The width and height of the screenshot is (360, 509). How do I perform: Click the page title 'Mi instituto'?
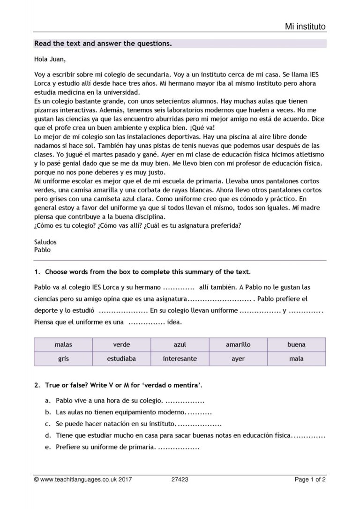[305, 26]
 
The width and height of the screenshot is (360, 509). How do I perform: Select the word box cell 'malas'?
[63, 344]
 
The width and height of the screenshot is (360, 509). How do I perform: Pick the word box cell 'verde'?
[121, 344]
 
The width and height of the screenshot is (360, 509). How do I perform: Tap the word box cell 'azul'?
[180, 344]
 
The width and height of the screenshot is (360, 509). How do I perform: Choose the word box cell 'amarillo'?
[238, 344]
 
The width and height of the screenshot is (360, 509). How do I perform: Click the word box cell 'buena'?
[296, 344]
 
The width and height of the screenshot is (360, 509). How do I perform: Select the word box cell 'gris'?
[63, 359]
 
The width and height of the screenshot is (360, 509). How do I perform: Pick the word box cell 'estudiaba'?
[121, 359]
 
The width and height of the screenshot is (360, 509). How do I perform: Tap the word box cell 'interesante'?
[180, 359]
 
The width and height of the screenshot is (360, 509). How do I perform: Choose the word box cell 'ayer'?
[238, 359]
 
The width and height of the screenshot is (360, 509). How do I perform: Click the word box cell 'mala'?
[296, 359]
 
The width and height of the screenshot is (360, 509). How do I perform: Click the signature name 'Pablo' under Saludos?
[42, 250]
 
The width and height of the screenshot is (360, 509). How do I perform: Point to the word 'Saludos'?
[45, 242]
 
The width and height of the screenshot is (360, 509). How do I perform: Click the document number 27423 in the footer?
[180, 479]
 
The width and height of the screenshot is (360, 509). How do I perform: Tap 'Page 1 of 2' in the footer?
[310, 479]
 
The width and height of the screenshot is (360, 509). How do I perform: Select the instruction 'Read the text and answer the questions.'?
[103, 44]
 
